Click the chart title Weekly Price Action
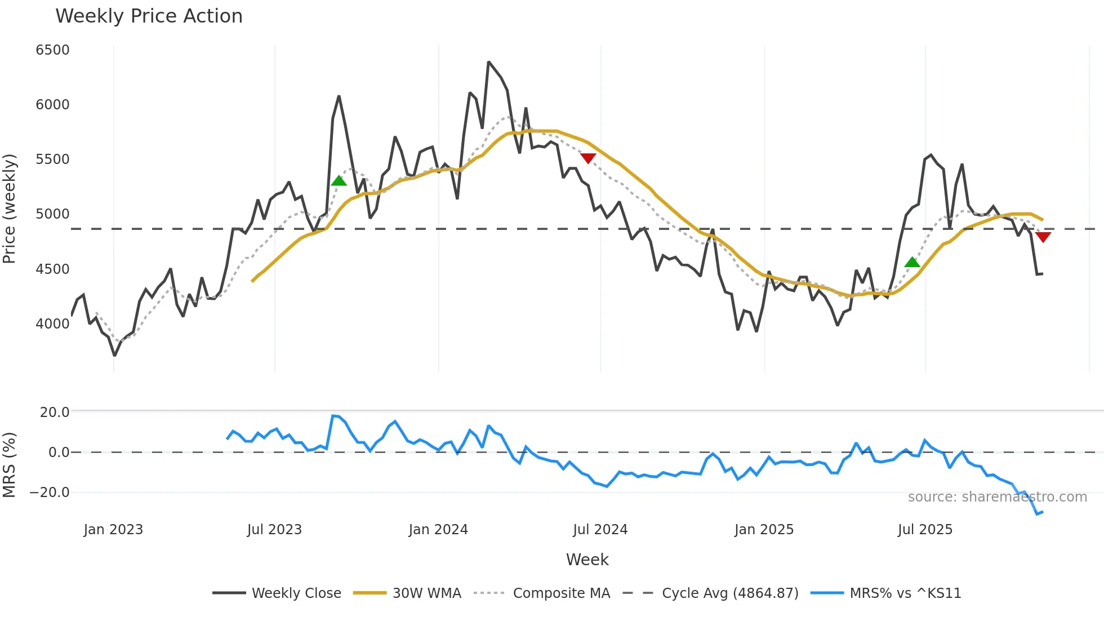point(149,16)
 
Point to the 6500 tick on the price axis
point(52,50)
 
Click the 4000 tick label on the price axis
point(52,324)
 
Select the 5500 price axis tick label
point(52,159)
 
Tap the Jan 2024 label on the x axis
point(438,530)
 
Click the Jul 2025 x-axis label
point(925,530)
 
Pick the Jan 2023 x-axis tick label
point(113,530)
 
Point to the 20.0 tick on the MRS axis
point(55,412)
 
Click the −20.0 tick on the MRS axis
point(50,493)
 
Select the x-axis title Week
point(587,560)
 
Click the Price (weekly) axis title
point(10,209)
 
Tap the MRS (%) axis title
point(10,465)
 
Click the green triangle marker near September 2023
point(339,181)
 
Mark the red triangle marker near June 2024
point(588,158)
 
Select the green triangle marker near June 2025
point(912,262)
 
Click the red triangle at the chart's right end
point(1043,237)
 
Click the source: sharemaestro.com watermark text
point(997,497)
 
